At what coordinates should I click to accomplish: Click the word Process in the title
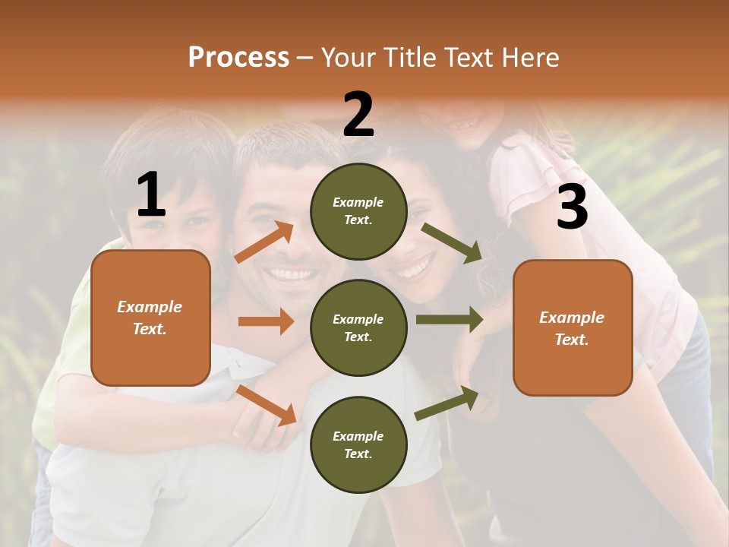pyautogui.click(x=238, y=57)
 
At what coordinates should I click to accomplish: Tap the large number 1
pyautogui.click(x=151, y=195)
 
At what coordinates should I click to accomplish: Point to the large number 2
pyautogui.click(x=358, y=115)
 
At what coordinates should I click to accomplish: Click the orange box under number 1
pyautogui.click(x=150, y=318)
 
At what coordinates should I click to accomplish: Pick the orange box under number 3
pyautogui.click(x=573, y=327)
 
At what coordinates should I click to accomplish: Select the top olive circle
pyautogui.click(x=358, y=211)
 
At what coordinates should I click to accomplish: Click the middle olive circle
pyautogui.click(x=358, y=327)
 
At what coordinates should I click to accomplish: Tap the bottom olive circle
pyautogui.click(x=358, y=444)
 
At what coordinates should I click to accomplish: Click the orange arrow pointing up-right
pyautogui.click(x=264, y=242)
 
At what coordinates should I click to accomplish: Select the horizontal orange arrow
pyautogui.click(x=266, y=321)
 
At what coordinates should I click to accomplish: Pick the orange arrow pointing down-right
pyautogui.click(x=267, y=405)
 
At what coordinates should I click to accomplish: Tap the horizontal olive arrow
pyautogui.click(x=449, y=319)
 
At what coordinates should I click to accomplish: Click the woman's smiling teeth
pyautogui.click(x=414, y=268)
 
